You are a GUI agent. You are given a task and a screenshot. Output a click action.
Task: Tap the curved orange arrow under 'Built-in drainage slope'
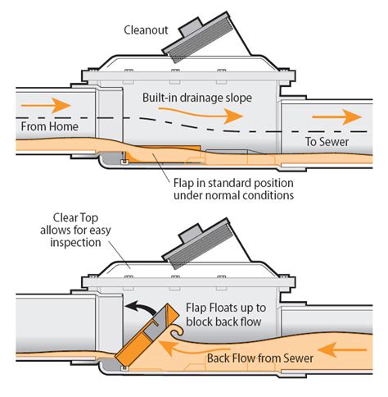[218, 116]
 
